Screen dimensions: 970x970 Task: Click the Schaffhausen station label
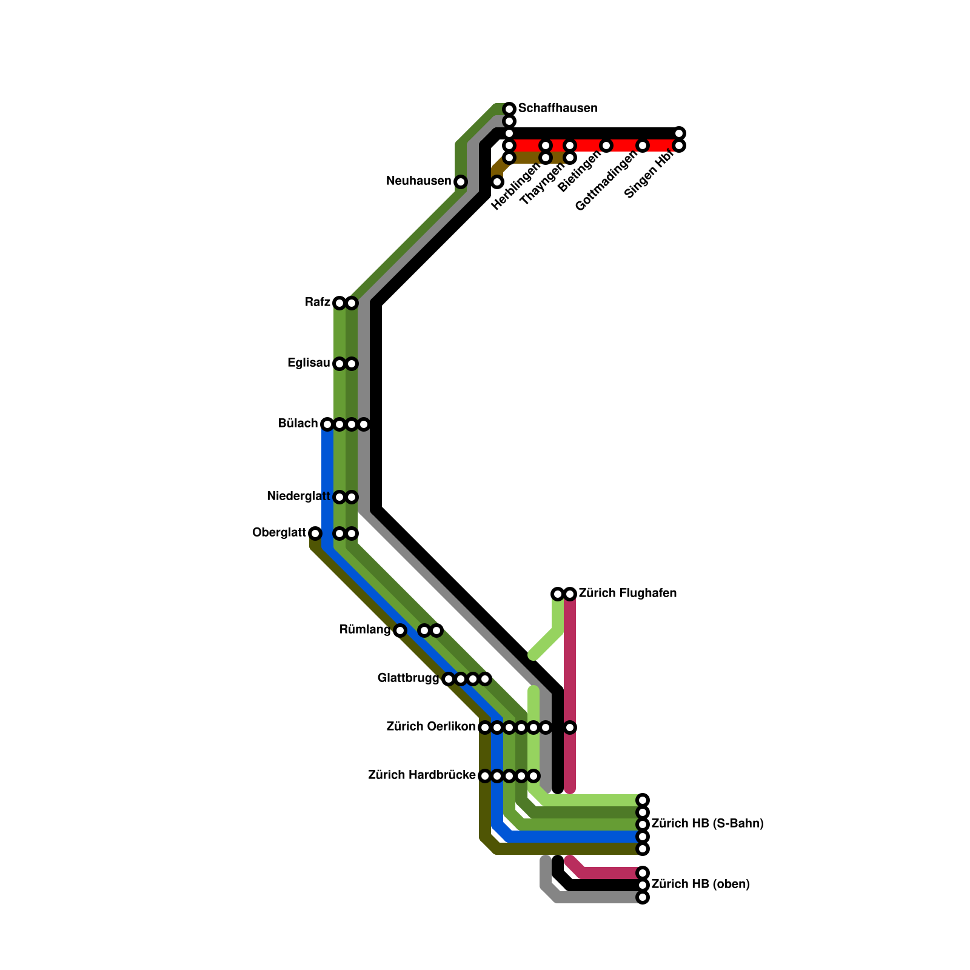point(558,109)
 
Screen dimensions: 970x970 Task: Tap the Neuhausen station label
point(418,181)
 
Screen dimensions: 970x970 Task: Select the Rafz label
point(318,303)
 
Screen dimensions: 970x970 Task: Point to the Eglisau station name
point(309,363)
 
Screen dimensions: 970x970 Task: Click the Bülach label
point(298,424)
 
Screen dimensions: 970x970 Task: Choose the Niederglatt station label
point(298,497)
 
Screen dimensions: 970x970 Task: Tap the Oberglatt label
point(279,533)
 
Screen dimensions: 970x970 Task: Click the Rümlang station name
point(365,630)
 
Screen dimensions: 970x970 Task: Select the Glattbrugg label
point(408,678)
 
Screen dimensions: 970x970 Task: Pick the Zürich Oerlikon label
point(431,727)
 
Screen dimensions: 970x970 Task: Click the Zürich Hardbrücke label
point(422,775)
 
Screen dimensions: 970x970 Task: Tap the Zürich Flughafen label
point(627,594)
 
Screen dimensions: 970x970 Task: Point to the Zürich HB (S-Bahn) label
point(707,824)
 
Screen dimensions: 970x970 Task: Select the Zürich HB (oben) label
point(700,885)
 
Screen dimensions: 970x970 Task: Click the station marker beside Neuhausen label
point(461,182)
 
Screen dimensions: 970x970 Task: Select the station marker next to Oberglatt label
point(315,533)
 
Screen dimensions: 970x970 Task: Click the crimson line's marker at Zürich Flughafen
point(570,594)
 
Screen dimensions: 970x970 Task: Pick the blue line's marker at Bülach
point(327,424)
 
